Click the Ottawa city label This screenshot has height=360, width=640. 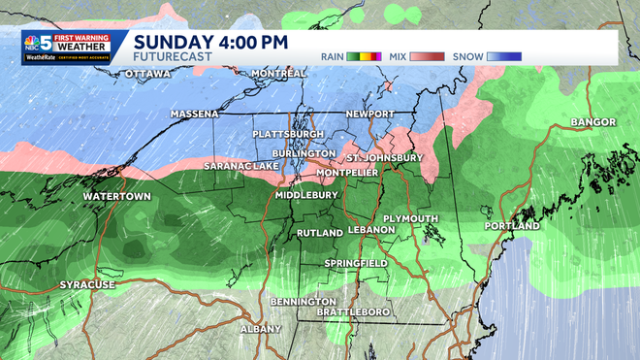point(147,74)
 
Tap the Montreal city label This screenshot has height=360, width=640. point(278,74)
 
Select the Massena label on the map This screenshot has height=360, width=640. point(194,114)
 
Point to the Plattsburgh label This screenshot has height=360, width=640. point(287,133)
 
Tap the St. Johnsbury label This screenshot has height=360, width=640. point(386,157)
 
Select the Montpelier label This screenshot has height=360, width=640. point(346,172)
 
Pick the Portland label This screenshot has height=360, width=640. point(512,226)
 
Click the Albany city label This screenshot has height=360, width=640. point(260,328)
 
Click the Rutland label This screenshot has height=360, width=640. point(319,233)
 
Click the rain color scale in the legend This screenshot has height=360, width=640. point(365,56)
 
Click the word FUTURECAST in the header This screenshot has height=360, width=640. point(173,58)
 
